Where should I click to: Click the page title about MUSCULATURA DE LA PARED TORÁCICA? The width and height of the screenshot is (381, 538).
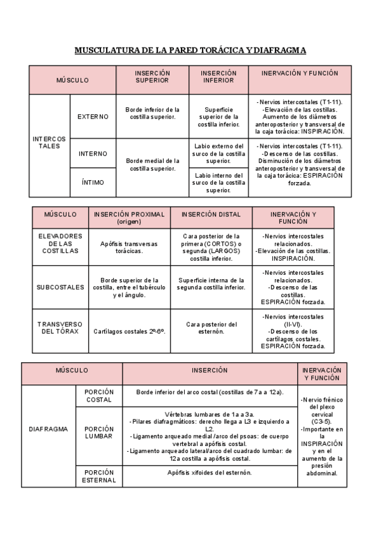190,49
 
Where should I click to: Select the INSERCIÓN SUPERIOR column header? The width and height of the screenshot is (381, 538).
152,77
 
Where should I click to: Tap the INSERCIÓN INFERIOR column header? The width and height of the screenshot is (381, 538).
218,77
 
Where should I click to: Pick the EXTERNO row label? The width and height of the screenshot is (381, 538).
93,117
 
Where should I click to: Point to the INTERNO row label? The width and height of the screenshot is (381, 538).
93,154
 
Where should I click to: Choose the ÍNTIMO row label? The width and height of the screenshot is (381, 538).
93,183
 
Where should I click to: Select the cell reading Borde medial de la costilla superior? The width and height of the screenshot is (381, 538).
152,165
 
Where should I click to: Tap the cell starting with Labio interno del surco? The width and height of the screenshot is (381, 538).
218,183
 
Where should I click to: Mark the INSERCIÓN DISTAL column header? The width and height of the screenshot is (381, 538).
211,214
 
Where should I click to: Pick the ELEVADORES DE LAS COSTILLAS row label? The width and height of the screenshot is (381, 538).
56,244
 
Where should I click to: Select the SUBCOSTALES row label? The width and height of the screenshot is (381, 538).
56,287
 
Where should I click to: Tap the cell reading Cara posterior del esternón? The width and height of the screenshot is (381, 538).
211,327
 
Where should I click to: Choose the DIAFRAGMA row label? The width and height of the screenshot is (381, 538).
48,429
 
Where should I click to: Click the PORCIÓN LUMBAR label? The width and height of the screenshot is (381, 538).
98,433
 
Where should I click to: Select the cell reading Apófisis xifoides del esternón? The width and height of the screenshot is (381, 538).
210,473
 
